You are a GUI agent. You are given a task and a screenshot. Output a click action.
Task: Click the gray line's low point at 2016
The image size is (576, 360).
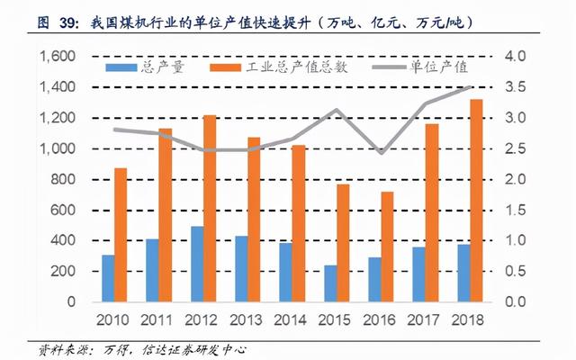[x=382, y=153]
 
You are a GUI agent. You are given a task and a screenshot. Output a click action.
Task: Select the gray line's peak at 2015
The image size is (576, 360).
[x=335, y=110]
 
